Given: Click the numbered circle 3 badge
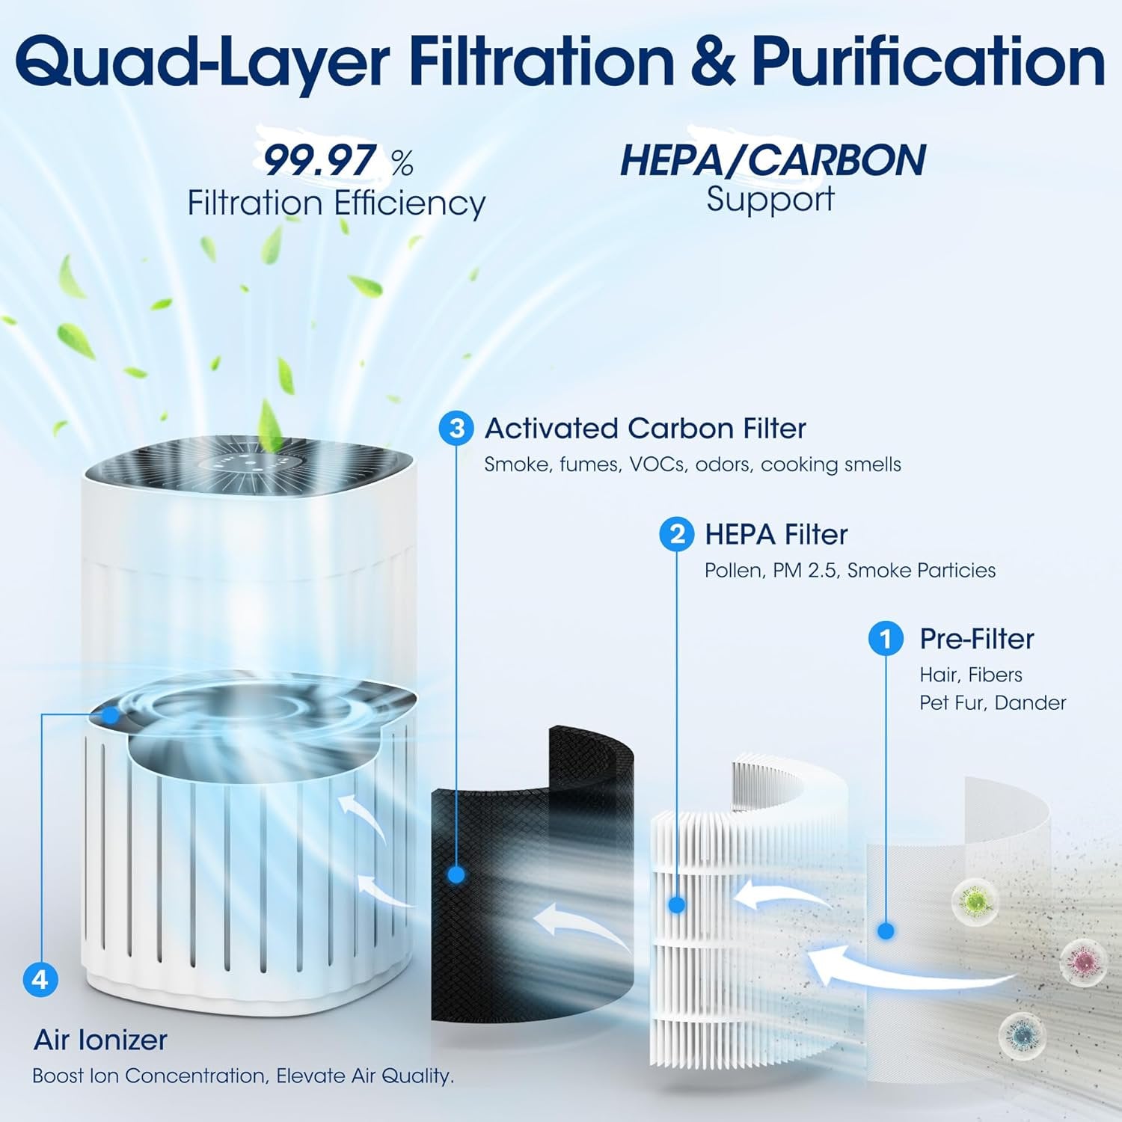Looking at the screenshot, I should (x=456, y=429).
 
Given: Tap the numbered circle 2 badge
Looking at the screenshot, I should (x=676, y=535).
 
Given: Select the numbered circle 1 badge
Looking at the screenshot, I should (x=886, y=639).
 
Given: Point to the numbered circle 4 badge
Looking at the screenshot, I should (x=40, y=979).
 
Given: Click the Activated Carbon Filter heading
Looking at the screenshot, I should (x=645, y=429).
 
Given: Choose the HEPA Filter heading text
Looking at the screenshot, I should (x=776, y=535).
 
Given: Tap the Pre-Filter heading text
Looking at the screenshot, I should (x=976, y=639).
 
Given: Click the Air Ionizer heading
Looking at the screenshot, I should (x=100, y=1040).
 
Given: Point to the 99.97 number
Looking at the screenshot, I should (x=319, y=160).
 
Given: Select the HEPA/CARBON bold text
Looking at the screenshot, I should (x=772, y=160).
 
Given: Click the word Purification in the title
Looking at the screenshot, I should (x=928, y=61).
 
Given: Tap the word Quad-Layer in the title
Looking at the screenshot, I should (x=202, y=61).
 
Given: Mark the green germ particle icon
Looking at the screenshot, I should (x=975, y=901).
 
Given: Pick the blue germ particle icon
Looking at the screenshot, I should (x=1022, y=1035).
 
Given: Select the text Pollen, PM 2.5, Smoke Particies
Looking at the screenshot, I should (x=850, y=571).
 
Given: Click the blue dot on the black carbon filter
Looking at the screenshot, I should (x=456, y=874).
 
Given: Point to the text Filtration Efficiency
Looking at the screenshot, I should (x=336, y=203).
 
